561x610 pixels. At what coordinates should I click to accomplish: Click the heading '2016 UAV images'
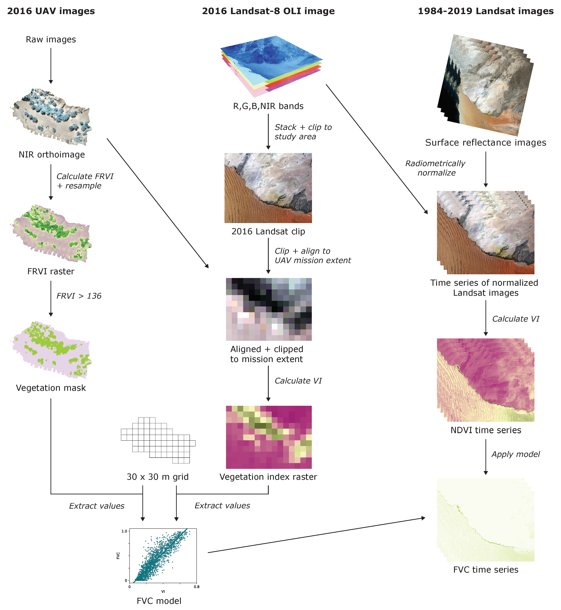pyautogui.click(x=51, y=11)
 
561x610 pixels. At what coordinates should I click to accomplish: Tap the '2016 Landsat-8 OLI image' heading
pyautogui.click(x=268, y=11)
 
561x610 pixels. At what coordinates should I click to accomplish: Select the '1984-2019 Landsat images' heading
pyautogui.click(x=486, y=11)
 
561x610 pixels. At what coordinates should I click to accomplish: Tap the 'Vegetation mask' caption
pyautogui.click(x=51, y=388)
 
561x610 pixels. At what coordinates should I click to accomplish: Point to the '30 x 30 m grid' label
pyautogui.click(x=158, y=477)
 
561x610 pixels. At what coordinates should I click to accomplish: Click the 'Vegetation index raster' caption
pyautogui.click(x=268, y=477)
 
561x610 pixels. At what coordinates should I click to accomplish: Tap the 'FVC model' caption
pyautogui.click(x=159, y=601)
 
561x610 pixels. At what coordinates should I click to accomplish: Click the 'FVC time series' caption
pyautogui.click(x=486, y=570)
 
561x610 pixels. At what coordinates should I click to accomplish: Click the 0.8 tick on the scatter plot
pyautogui.click(x=197, y=587)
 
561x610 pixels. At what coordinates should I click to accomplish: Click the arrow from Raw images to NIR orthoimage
pyautogui.click(x=51, y=65)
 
